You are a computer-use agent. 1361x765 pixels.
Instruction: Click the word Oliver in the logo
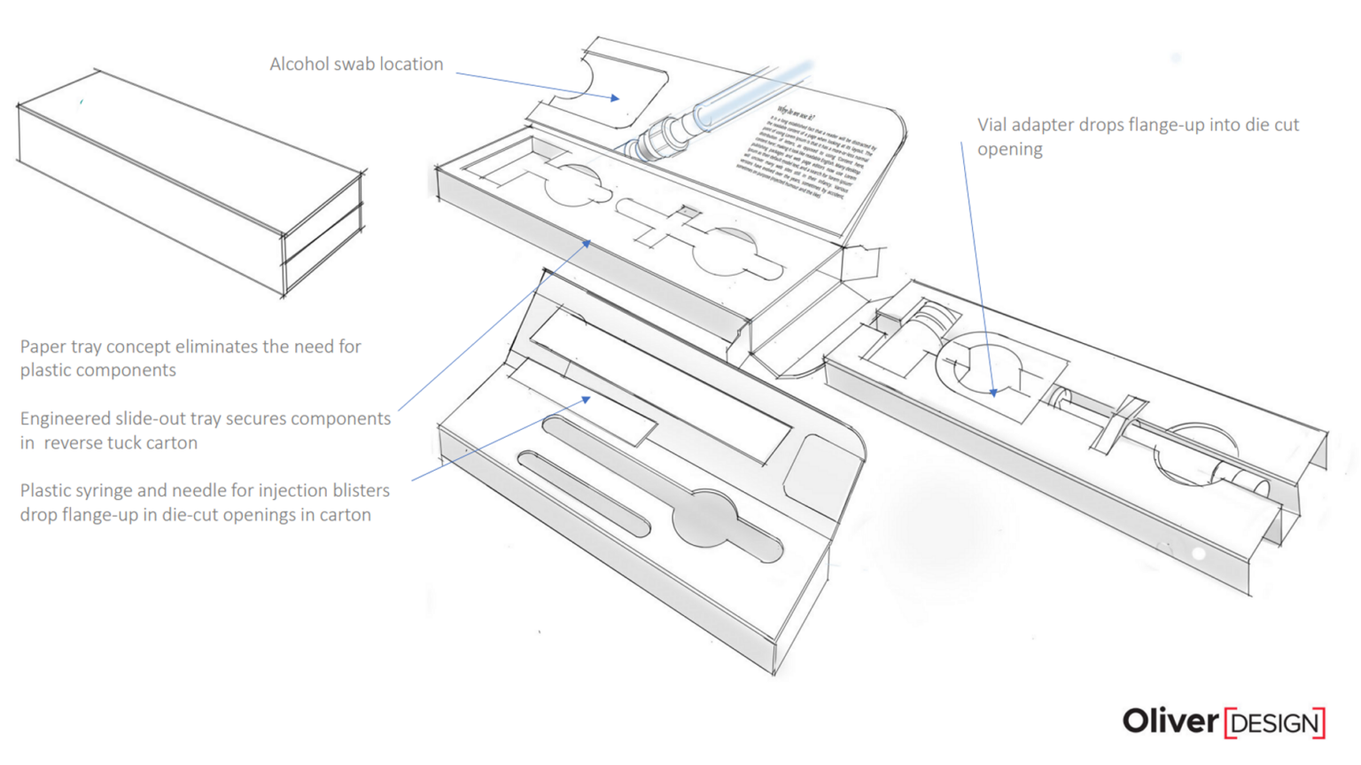pos(1170,722)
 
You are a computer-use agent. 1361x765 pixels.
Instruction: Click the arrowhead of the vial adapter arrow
pos(994,391)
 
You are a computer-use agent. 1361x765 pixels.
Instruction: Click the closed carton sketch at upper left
pos(191,182)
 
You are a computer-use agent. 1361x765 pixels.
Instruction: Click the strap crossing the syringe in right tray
pos(1119,424)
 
